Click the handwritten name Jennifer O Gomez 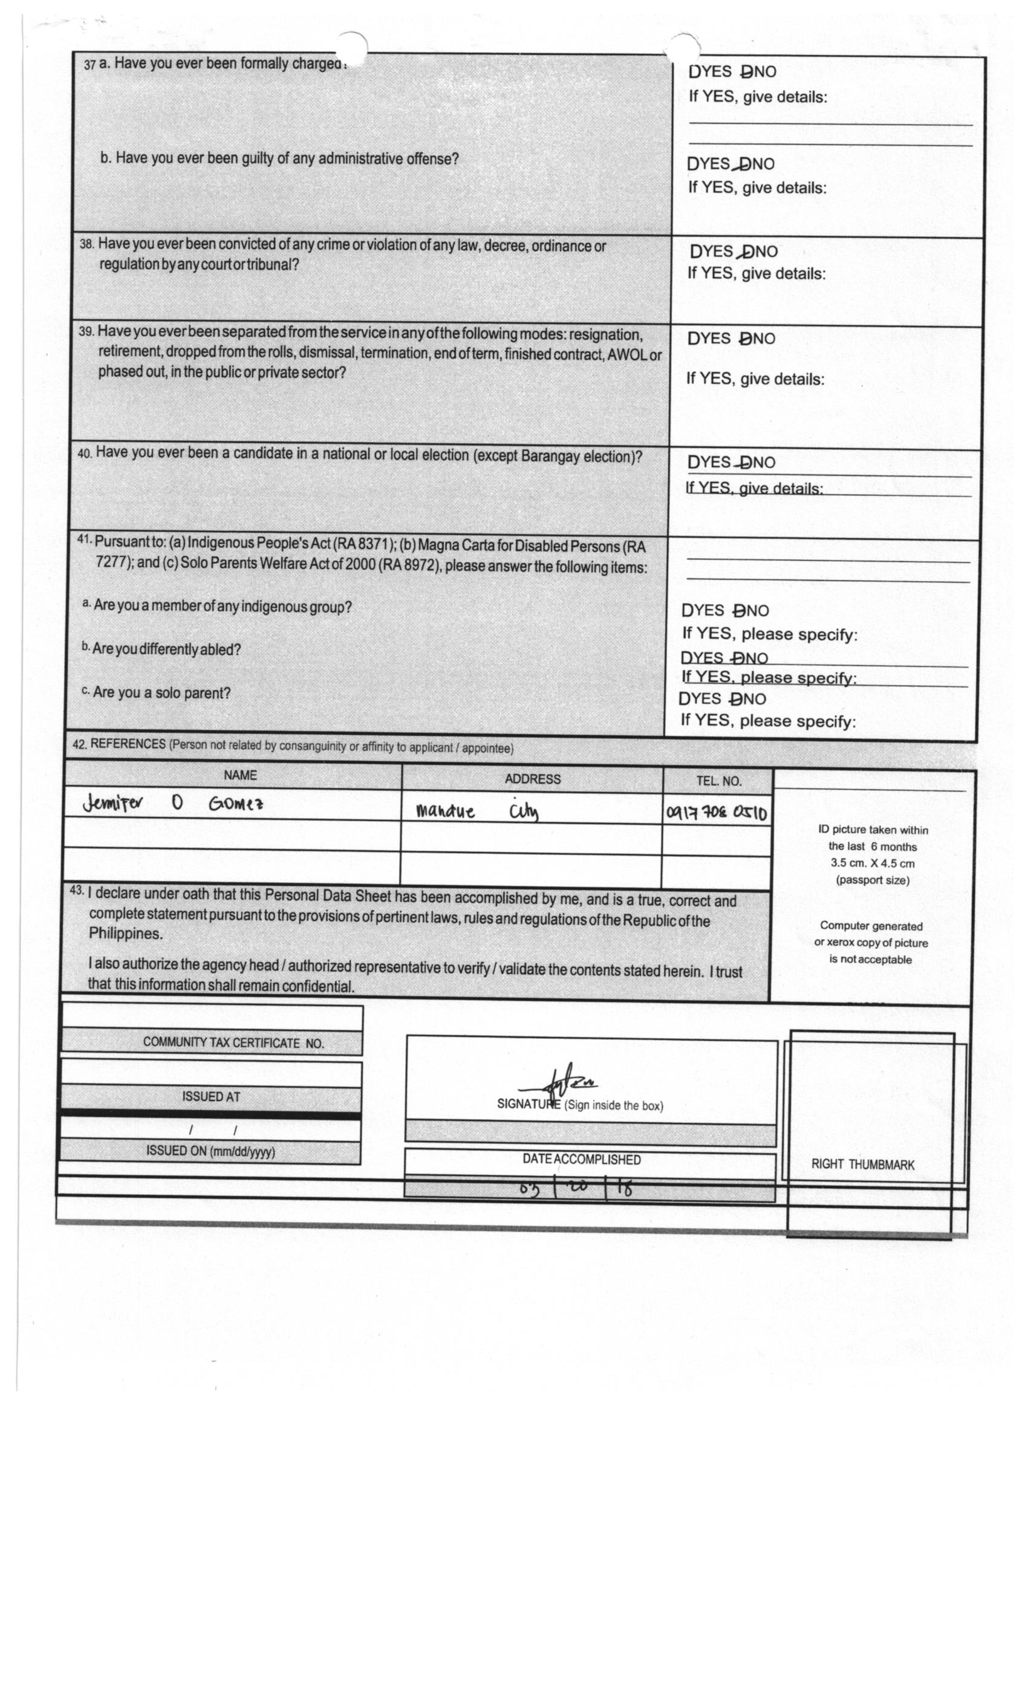click(x=172, y=803)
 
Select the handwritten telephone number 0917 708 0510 click(x=715, y=813)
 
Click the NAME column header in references click(x=240, y=775)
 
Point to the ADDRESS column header click(x=532, y=779)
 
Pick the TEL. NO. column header click(x=718, y=781)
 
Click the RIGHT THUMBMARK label click(x=862, y=1164)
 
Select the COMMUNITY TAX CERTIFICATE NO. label click(x=233, y=1043)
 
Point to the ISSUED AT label click(x=211, y=1097)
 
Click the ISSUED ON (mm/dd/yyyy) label click(x=210, y=1151)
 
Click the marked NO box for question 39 click(x=746, y=339)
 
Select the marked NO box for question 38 click(x=749, y=252)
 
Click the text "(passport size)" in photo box click(x=872, y=880)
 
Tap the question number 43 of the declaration click(x=76, y=891)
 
